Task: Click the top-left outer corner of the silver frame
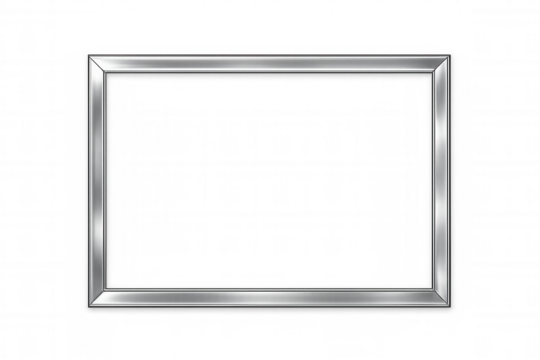tap(87, 55)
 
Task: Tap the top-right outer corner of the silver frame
tap(451, 55)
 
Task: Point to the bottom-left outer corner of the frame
tap(87, 307)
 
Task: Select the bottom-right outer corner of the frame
tap(451, 307)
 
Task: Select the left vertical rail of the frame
tap(98, 180)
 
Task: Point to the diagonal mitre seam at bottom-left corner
tap(98, 298)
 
